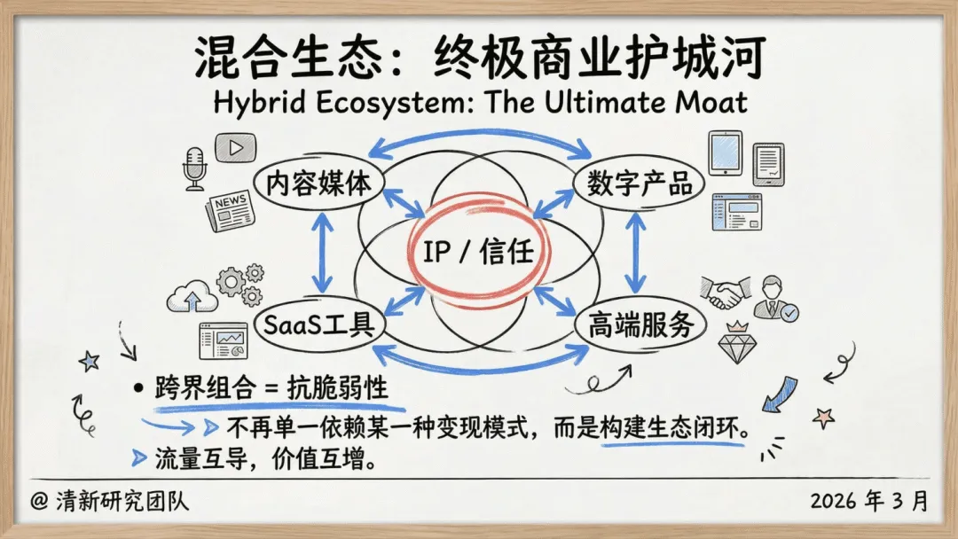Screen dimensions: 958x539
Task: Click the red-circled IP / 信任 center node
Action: (x=478, y=253)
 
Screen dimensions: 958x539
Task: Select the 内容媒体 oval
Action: (x=318, y=184)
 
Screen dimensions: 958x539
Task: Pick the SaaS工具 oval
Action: (x=318, y=324)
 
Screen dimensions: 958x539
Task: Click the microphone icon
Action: (x=194, y=168)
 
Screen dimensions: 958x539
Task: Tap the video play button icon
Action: (x=235, y=147)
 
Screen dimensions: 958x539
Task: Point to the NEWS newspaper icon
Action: (x=229, y=210)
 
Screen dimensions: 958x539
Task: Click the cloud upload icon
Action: (x=192, y=297)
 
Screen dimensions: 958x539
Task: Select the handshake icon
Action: (x=720, y=293)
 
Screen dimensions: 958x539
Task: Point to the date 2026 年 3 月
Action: (x=868, y=501)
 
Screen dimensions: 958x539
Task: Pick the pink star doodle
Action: (x=824, y=415)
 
